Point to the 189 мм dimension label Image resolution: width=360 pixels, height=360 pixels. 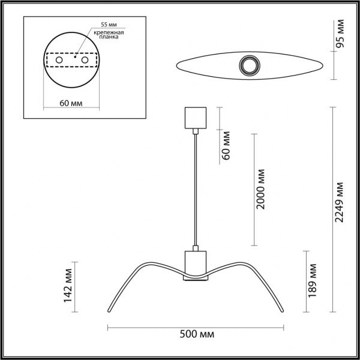[x=312, y=280]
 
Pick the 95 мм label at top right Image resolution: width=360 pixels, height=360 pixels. [x=340, y=34]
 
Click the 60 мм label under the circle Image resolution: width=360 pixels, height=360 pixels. [x=71, y=103]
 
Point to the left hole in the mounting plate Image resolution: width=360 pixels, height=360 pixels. [x=58, y=60]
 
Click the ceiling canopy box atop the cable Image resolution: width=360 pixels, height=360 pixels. [x=196, y=118]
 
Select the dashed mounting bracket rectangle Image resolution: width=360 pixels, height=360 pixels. [x=73, y=61]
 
